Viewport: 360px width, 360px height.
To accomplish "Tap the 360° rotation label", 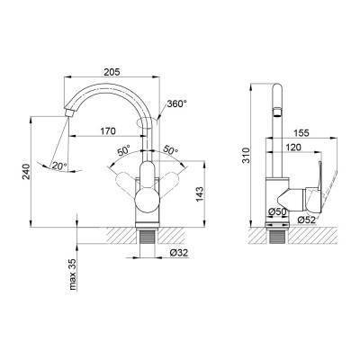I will [x=177, y=104].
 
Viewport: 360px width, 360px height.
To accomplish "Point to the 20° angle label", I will [x=59, y=166].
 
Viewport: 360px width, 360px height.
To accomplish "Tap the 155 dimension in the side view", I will [x=300, y=132].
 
